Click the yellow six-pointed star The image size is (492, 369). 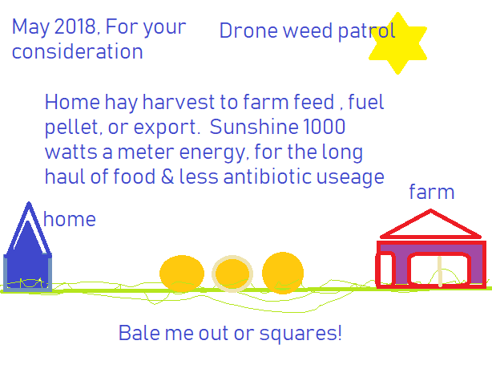tap(398, 43)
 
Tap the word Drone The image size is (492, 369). tap(248, 30)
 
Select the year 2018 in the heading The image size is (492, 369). tap(75, 26)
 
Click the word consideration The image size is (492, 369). tap(77, 51)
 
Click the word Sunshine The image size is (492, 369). tap(254, 127)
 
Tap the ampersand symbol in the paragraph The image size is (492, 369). tap(167, 176)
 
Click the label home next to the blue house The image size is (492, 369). tap(70, 219)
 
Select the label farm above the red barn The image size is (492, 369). tap(432, 192)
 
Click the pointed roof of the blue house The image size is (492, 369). tap(29, 229)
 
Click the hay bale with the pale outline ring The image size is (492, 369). tap(232, 274)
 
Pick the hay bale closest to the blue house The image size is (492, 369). tap(182, 274)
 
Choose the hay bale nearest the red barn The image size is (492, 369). tap(283, 273)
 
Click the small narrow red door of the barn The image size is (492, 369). tap(385, 270)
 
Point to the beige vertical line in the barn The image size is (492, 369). tap(440, 271)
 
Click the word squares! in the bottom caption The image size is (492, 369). tap(300, 334)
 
